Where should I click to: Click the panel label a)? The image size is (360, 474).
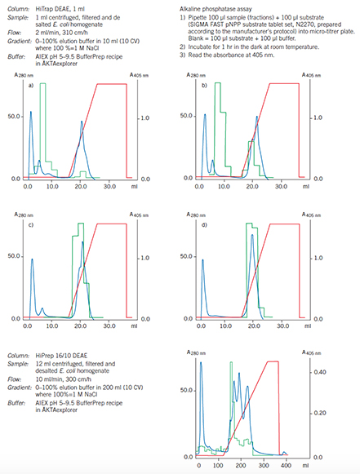[31, 85]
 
